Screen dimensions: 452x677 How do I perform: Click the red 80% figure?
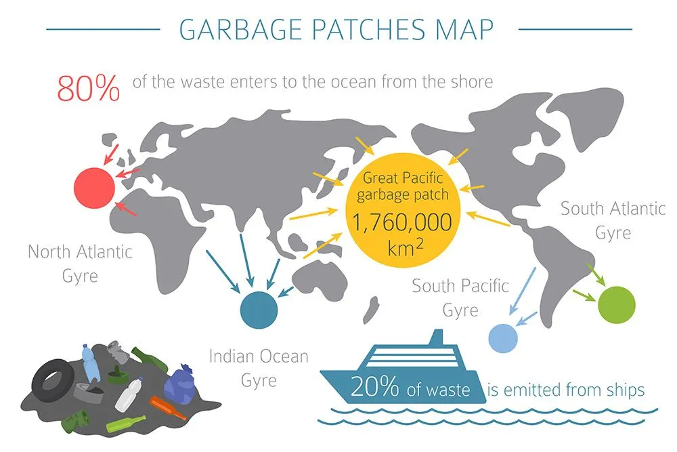(89, 87)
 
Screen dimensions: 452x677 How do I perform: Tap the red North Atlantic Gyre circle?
(94, 187)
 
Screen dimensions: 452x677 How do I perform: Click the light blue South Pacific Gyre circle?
(503, 336)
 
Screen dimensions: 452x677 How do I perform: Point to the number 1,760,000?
(402, 222)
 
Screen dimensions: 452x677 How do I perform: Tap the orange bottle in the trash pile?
(167, 407)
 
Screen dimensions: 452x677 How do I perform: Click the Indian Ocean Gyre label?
(259, 367)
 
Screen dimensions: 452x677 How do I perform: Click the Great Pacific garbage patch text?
(402, 187)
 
